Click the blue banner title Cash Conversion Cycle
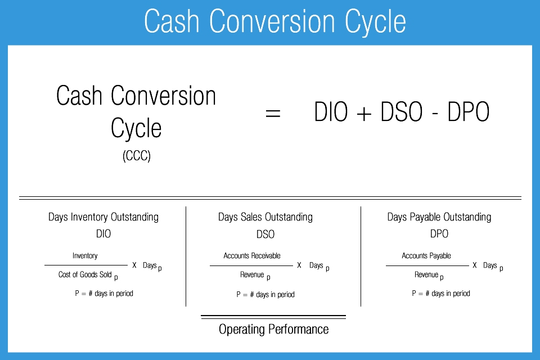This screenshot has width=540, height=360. coord(275,21)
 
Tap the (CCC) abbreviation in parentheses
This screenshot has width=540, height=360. coord(136,156)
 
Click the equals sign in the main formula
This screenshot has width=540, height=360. coord(273,113)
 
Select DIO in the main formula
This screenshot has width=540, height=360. coord(331,111)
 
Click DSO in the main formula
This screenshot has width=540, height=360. coord(401,111)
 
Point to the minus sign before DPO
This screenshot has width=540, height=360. coord(435,113)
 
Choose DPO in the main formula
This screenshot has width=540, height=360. coord(469,111)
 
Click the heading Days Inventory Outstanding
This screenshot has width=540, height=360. coord(103,217)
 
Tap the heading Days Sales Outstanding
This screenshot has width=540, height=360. coord(265,217)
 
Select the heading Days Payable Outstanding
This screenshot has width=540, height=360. coord(439,217)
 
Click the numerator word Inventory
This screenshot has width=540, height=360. coord(85,255)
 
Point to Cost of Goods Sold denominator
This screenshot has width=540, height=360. coord(85,274)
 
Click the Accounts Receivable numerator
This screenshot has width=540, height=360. coord(252,255)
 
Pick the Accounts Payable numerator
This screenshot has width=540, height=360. coord(426,255)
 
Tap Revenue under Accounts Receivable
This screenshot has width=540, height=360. coord(252,274)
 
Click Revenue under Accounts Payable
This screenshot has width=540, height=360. coord(426,274)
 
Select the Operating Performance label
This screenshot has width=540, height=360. coord(273,329)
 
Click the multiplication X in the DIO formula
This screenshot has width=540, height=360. coord(134,265)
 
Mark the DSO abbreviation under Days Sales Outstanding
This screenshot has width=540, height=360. coord(265,234)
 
